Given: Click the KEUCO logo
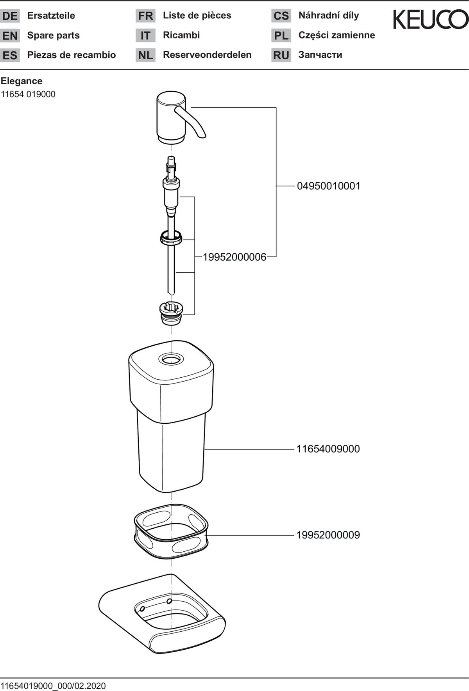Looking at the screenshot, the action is pos(430,20).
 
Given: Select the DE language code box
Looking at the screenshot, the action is pos(10,16).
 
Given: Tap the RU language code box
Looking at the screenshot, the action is pos(281,55).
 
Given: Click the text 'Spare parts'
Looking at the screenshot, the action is pos(54,35).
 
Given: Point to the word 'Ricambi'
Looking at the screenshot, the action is pos(181,35).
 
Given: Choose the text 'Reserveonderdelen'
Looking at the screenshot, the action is pos(207,55).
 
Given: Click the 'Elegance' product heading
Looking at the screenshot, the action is pos(21,81).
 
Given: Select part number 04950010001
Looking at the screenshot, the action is pos(329,186).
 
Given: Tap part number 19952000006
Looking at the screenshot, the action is pos(234,257).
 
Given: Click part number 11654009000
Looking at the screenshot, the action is pos(328,449).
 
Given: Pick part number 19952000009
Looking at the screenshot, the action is pos(328,535).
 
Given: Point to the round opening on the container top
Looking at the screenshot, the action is pos(170,359).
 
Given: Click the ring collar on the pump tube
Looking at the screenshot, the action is pos(171,237).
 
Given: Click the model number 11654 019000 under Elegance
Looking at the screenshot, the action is pos(28,94).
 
